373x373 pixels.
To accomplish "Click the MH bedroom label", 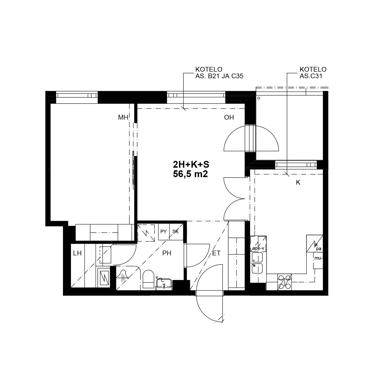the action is tap(123, 117).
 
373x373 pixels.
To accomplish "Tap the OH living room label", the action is tap(229, 117).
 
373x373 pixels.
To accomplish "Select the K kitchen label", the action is tap(298, 182).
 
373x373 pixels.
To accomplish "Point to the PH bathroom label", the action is tap(167, 253).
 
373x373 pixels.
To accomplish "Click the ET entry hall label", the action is tap(216, 253).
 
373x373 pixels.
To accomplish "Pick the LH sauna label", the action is tap(77, 253).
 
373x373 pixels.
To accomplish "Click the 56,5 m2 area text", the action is tap(190, 174).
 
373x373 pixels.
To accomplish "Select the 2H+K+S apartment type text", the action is tap(191, 165).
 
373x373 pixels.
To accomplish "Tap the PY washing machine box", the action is tap(164, 232).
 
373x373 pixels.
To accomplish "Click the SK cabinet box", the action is tap(176, 232).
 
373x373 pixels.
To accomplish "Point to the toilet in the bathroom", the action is tap(148, 280).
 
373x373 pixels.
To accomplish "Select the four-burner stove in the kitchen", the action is tap(284, 282).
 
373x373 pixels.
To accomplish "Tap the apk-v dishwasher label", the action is tap(259, 248).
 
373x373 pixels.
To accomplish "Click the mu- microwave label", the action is tap(318, 258).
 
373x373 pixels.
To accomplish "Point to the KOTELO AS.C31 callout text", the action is tap(313, 73).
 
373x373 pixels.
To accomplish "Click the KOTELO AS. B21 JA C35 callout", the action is tap(219, 73).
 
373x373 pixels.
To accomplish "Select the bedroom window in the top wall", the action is tap(77, 95).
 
